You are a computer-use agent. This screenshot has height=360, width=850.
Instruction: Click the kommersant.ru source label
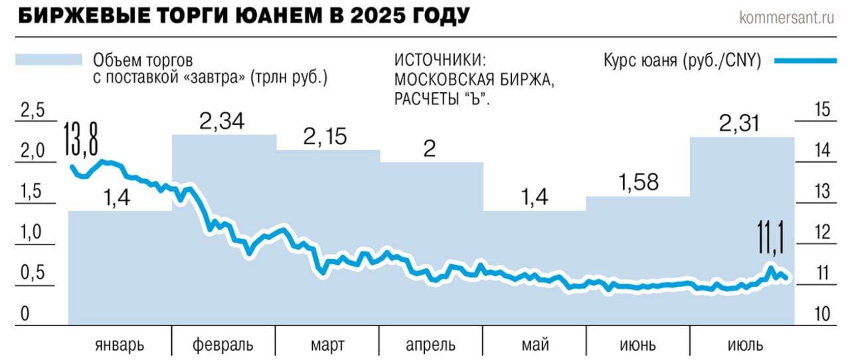(786, 17)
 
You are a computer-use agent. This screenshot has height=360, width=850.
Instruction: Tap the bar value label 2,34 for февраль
(222, 121)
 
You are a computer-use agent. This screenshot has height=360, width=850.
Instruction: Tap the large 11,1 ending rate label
(770, 238)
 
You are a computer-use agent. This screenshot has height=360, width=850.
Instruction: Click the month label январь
(120, 345)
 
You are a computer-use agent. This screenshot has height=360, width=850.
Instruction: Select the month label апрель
(430, 345)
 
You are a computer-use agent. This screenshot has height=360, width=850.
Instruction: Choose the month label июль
(742, 345)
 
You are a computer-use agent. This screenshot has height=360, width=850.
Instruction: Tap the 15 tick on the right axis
(823, 110)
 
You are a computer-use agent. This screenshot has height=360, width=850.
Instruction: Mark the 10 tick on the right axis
(823, 314)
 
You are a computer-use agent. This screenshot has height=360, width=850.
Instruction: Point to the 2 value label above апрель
(430, 149)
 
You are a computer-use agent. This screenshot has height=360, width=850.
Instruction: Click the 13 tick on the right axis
(823, 192)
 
